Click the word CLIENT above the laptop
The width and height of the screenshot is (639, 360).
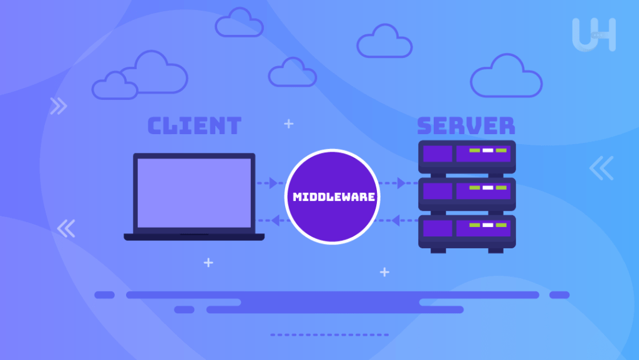194,126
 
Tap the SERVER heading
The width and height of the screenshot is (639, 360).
466,126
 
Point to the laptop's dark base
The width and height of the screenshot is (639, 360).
194,237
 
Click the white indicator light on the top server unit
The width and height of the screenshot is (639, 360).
487,150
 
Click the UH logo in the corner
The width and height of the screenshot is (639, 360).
593,34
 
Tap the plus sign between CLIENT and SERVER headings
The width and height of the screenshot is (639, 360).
288,124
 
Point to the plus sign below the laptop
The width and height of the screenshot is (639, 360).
208,263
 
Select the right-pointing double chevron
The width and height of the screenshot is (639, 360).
59,107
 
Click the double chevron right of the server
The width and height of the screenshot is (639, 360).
602,168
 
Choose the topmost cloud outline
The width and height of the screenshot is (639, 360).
239,22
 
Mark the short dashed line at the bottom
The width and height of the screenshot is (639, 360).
329,335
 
